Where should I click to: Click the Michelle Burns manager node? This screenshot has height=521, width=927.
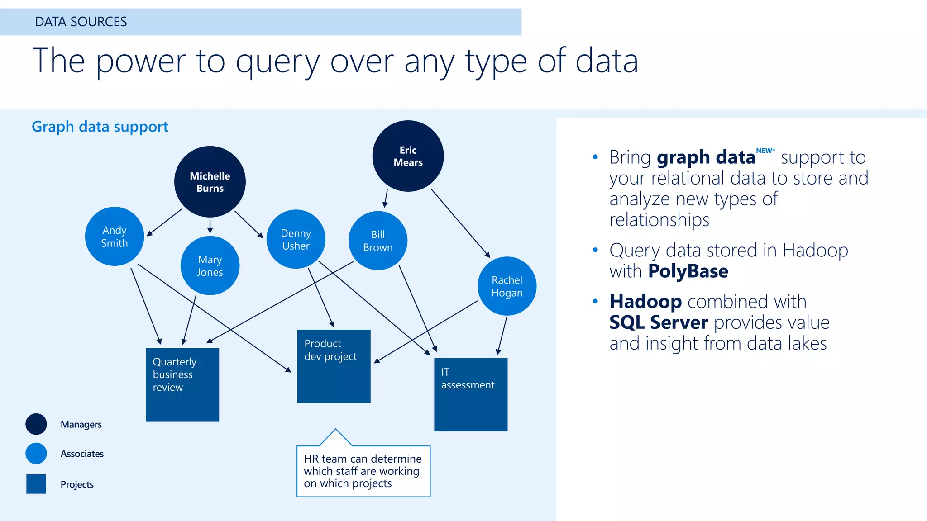[x=210, y=182]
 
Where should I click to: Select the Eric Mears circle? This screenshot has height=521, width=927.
[x=408, y=156]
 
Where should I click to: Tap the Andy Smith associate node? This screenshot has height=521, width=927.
[x=115, y=237]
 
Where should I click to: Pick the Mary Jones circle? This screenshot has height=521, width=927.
[x=210, y=265]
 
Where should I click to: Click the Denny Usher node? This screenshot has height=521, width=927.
[x=296, y=239]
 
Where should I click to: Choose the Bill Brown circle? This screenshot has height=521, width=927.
[x=378, y=241]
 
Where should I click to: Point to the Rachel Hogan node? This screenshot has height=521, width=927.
[x=507, y=286]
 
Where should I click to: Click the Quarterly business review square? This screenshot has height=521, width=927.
[x=182, y=384]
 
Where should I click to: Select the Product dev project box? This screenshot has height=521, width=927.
[x=334, y=366]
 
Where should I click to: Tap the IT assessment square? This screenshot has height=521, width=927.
[x=471, y=395]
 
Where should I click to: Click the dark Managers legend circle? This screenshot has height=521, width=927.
[x=36, y=424]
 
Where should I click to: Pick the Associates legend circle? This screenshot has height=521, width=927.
[x=36, y=454]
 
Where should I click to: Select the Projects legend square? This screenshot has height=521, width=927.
[x=36, y=484]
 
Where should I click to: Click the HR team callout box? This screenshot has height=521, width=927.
[x=363, y=471]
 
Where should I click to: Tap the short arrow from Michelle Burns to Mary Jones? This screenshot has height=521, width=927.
[x=210, y=226]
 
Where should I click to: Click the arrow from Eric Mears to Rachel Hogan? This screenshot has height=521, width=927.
[x=459, y=222]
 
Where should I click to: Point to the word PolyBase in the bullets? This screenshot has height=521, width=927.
[x=688, y=271]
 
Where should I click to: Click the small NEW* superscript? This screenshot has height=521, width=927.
[x=765, y=151]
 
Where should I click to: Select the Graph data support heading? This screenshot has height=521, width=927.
[x=100, y=127]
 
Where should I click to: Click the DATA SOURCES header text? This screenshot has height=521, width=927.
[x=81, y=22]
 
